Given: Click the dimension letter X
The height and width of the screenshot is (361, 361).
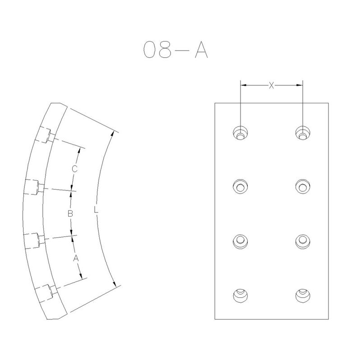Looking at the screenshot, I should tap(271, 85).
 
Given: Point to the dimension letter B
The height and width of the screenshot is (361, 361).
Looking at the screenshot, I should tap(70, 213).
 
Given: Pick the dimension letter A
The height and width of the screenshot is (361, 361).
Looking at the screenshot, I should tap(76, 259).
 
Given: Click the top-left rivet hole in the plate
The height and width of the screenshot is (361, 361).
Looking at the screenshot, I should tap(241, 133).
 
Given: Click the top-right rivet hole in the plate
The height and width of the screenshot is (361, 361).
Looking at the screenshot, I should tap(302, 133).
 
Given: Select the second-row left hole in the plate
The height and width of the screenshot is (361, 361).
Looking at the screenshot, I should tap(241, 186).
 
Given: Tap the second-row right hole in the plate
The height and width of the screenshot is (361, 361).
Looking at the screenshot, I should tap(302, 186).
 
